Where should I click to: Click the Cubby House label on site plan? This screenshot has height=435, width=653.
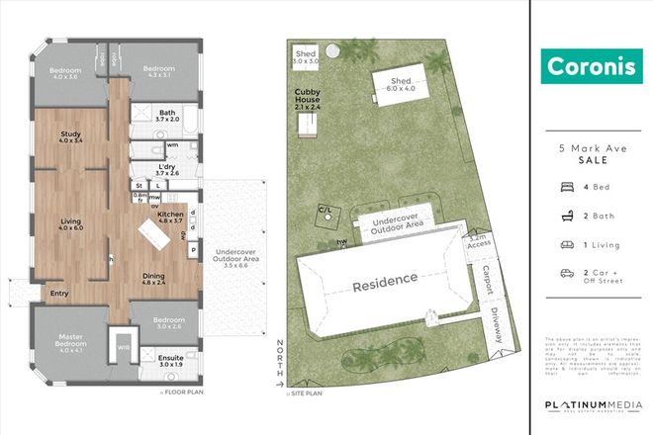[308, 95]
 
